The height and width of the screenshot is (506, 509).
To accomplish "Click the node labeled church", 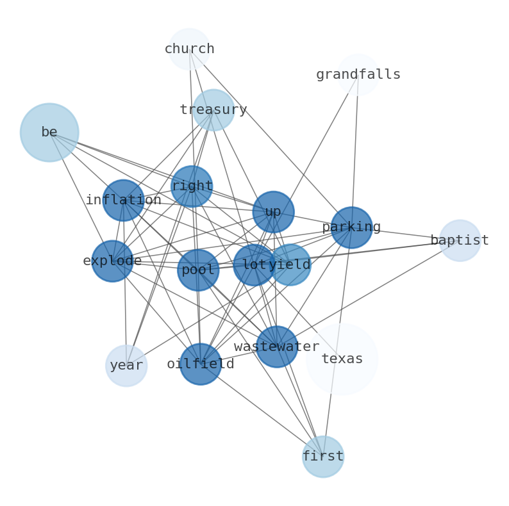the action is pyautogui.click(x=189, y=49).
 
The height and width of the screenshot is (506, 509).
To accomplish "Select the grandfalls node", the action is pyautogui.click(x=358, y=74).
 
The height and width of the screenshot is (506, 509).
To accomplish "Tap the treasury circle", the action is pyautogui.click(x=213, y=110).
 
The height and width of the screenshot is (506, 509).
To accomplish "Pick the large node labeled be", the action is pyautogui.click(x=49, y=133).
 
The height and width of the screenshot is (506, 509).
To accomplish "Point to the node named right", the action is pyautogui.click(x=192, y=186).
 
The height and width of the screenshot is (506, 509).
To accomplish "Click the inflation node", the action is pyautogui.click(x=123, y=200).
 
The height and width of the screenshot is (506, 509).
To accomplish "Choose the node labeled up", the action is pyautogui.click(x=273, y=212).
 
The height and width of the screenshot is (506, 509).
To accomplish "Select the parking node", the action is pyautogui.click(x=351, y=227).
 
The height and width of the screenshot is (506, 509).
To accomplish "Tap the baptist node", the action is pyautogui.click(x=460, y=240).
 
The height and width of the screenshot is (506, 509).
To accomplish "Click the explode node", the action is pyautogui.click(x=112, y=261).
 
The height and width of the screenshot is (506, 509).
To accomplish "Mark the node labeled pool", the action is pyautogui.click(x=198, y=270).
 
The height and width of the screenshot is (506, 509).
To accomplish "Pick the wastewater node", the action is pyautogui.click(x=276, y=347).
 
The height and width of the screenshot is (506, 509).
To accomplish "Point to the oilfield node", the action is pyautogui.click(x=201, y=364).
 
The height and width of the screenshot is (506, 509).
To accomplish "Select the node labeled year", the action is pyautogui.click(x=126, y=366).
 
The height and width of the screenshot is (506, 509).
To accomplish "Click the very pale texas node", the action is pyautogui.click(x=342, y=359).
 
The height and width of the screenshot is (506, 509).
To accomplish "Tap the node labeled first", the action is pyautogui.click(x=323, y=457).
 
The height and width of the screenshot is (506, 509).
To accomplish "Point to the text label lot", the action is pyautogui.click(x=254, y=265).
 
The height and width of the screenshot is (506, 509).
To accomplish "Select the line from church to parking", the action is pyautogui.click(x=271, y=138).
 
